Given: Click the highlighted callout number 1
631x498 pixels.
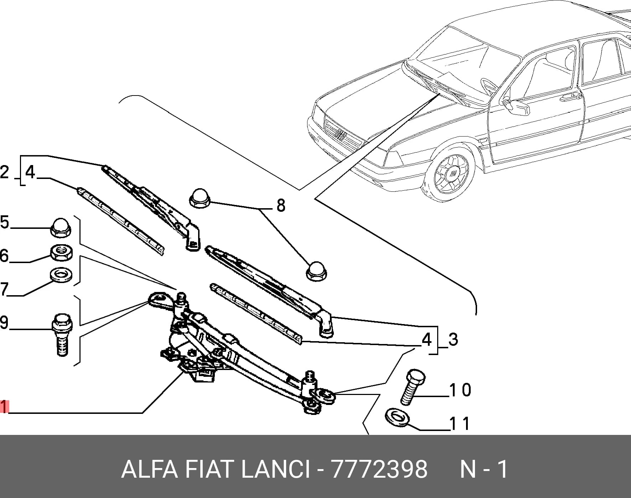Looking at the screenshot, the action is coord(4,407).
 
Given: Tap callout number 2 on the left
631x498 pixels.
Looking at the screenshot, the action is coord(4,173).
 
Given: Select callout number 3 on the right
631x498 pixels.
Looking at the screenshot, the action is coord(453,339).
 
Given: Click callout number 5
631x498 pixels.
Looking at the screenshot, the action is coord(4,222).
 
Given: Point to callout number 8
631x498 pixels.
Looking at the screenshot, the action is coord(281,206).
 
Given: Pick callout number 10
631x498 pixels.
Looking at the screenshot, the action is coord(460,390).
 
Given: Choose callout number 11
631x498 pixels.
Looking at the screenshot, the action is coord(460,424).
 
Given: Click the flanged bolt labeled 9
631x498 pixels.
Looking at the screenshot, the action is coord(62,334).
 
